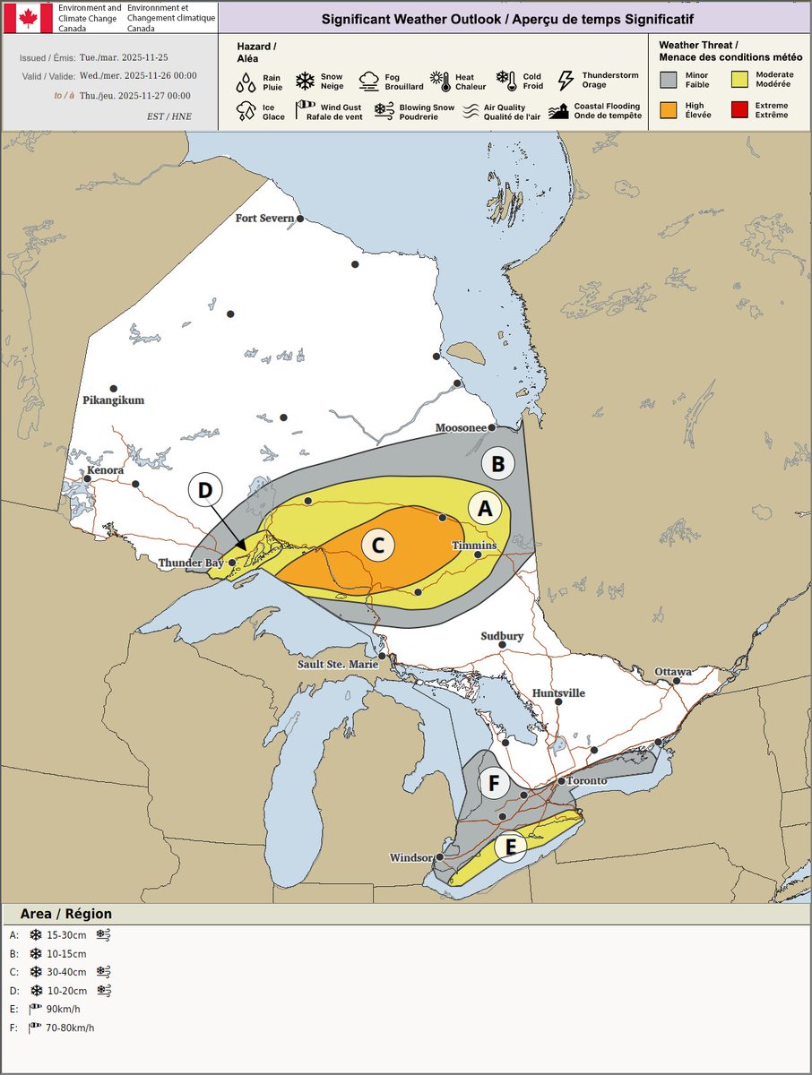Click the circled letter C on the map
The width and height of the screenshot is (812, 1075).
(x=378, y=545)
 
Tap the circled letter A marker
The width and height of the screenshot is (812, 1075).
(x=485, y=509)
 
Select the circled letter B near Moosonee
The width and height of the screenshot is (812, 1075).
(x=498, y=464)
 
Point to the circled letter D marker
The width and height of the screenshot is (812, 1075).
(x=204, y=491)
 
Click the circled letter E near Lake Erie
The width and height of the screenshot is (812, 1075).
(x=510, y=846)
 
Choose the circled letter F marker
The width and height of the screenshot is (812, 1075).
(x=493, y=784)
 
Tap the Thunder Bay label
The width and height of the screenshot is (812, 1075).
(x=190, y=563)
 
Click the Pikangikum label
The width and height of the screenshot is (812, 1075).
(x=113, y=400)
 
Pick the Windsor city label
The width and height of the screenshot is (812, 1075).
(x=411, y=858)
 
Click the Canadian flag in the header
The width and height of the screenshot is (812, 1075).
(x=28, y=18)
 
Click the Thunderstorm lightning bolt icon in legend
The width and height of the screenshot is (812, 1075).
(x=566, y=82)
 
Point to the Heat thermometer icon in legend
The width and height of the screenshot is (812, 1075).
(x=441, y=82)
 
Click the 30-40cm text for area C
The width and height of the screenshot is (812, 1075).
(x=67, y=972)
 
